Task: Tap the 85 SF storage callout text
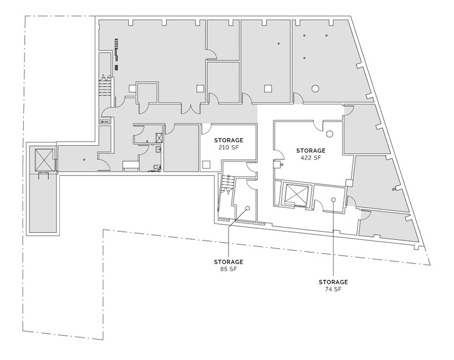click(228, 269)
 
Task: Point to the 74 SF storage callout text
click(333, 289)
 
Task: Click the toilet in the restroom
click(155, 167)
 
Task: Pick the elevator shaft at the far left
click(44, 159)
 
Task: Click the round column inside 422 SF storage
click(329, 134)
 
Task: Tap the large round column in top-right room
click(315, 89)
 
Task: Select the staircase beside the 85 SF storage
click(227, 186)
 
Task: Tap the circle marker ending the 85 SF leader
click(247, 207)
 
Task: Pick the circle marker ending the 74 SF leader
click(333, 200)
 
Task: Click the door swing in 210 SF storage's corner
click(207, 129)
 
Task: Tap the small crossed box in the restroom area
click(158, 138)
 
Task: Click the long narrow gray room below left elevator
click(44, 203)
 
